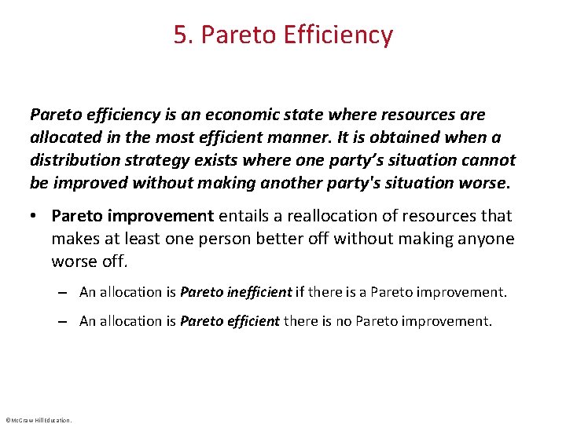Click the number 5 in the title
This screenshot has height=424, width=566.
point(180,35)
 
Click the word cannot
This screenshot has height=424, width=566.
point(489,161)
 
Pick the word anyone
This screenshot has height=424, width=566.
point(486,239)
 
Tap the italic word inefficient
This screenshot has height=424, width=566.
point(259,292)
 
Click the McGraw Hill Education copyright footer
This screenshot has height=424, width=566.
point(38,420)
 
